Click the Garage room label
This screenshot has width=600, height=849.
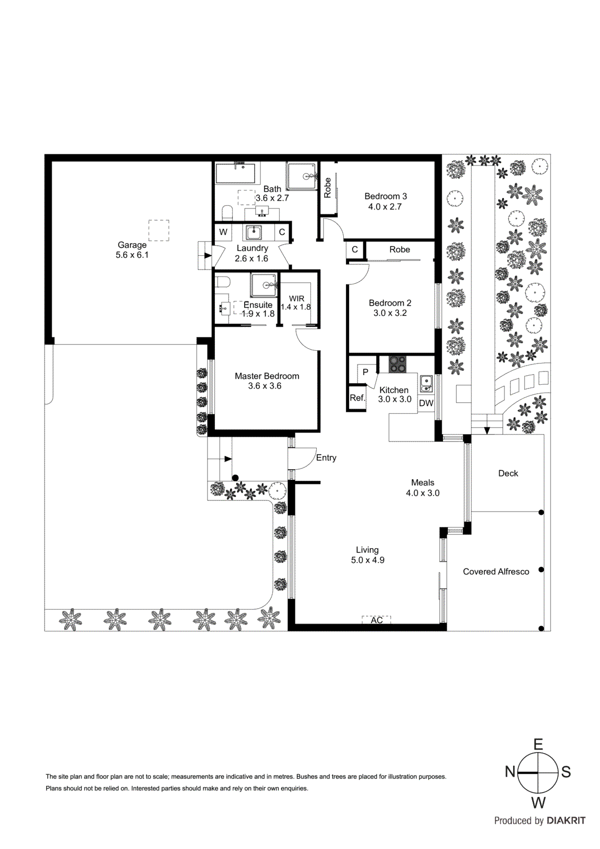click(132, 245)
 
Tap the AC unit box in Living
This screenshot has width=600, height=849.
click(376, 620)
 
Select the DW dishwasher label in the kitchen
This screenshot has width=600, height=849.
click(426, 403)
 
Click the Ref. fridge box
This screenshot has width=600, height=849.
click(357, 398)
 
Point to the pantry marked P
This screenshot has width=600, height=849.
click(365, 372)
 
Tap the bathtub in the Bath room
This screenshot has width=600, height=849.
click(236, 173)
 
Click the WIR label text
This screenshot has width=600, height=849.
click(297, 299)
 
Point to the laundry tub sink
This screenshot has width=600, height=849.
click(254, 232)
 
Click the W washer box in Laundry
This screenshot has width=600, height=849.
click(223, 232)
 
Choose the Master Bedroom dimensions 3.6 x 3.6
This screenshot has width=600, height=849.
click(265, 386)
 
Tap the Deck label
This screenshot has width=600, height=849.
click(508, 473)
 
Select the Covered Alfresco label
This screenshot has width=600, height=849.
click(495, 571)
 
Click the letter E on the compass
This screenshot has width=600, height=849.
click(538, 744)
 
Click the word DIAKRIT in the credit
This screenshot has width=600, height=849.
click(566, 820)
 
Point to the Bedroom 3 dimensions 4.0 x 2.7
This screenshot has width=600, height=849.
click(385, 206)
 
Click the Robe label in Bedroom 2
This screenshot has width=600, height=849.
click(399, 249)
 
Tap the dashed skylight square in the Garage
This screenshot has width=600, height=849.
click(159, 230)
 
